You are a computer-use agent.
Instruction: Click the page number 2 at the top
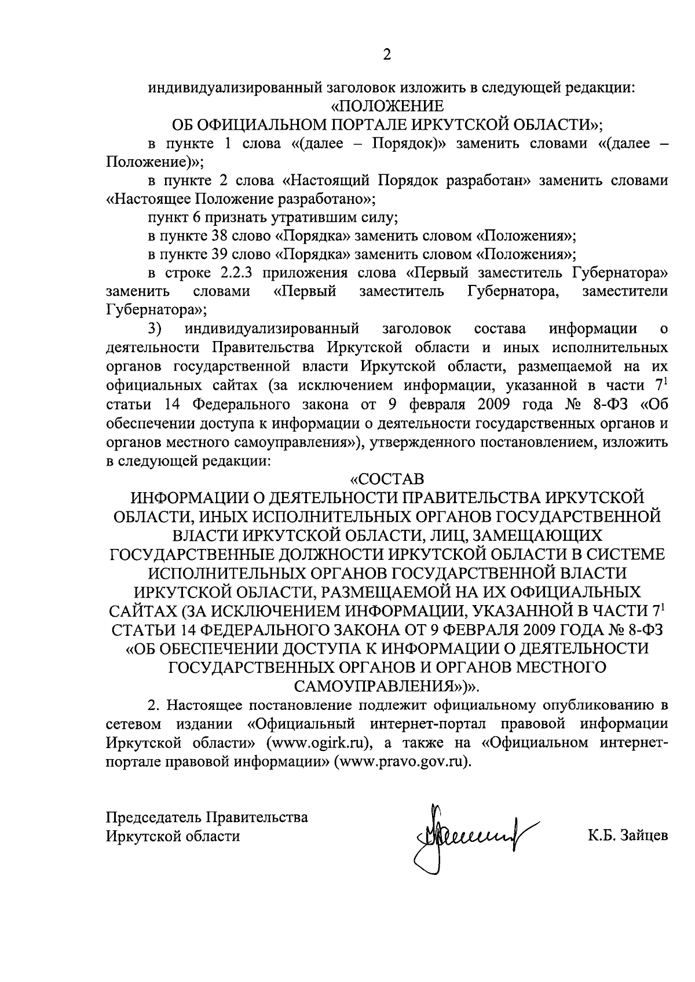(387, 56)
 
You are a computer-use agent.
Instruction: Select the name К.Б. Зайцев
(628, 836)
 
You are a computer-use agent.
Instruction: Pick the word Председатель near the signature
(153, 818)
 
